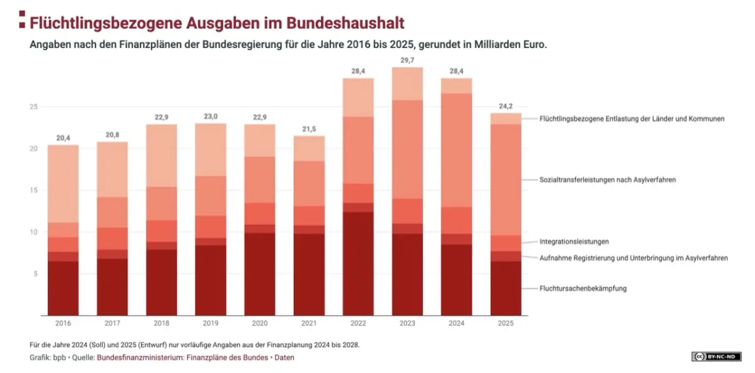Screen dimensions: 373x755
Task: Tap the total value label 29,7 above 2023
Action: click(407, 59)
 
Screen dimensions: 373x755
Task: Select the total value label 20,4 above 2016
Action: click(63, 137)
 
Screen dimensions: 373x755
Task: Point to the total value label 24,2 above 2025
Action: click(506, 106)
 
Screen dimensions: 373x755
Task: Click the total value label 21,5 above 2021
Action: click(309, 129)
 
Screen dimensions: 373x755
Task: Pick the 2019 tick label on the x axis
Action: click(210, 323)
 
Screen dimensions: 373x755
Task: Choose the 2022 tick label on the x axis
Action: click(358, 323)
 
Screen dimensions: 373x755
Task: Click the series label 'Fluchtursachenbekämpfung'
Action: click(583, 289)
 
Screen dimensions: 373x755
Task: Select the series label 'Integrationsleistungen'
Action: click(574, 241)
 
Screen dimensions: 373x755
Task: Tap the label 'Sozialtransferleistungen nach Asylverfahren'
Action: click(607, 180)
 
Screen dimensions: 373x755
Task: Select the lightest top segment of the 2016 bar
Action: click(63, 183)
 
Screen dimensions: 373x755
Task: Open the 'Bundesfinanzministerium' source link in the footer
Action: click(134, 357)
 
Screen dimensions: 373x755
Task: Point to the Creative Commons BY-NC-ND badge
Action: click(716, 357)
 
